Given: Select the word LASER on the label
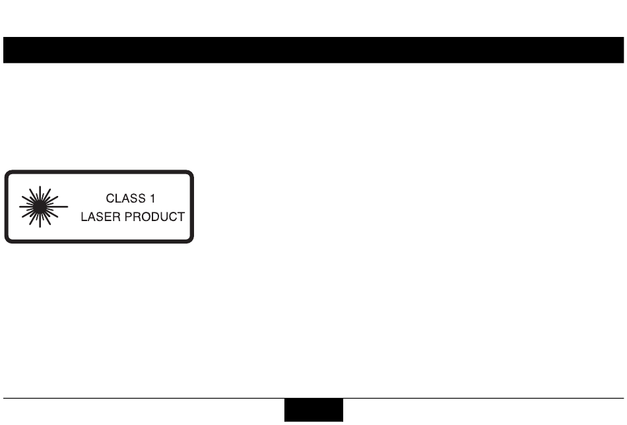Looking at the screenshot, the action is coord(97,216).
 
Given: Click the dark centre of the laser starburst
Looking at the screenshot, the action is coord(40,206).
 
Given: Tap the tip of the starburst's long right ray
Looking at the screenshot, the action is coord(68,206).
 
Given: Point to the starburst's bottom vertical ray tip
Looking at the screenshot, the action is coord(40,228).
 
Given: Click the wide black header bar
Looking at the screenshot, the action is coord(313,50).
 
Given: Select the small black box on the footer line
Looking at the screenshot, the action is coord(314,410).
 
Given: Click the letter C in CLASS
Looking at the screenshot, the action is coord(110,198).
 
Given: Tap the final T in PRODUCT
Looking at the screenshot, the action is coord(181,216).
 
